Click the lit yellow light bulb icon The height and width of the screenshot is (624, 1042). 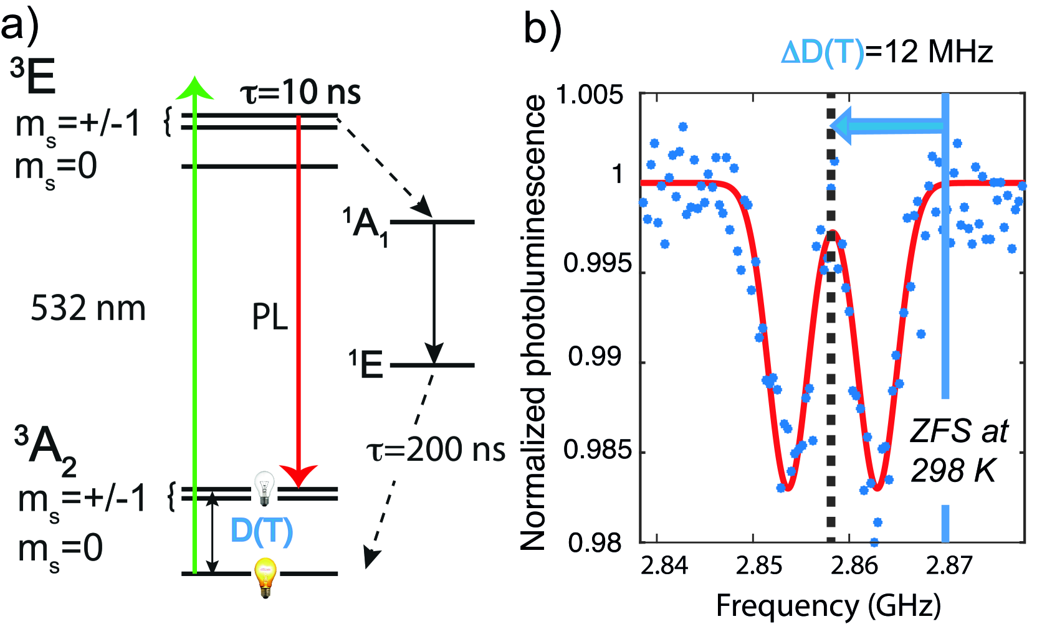(265, 577)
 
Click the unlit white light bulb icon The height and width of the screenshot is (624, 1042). (264, 488)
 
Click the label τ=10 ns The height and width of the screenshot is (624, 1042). (300, 93)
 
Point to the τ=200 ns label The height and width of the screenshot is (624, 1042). (435, 450)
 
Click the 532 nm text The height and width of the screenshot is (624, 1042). (88, 308)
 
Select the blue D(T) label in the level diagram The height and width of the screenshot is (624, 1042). (261, 531)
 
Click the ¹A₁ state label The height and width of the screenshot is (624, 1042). (366, 225)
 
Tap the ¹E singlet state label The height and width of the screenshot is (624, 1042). (366, 364)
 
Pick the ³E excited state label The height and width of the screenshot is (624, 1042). (33, 77)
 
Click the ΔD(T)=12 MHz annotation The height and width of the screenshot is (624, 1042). (886, 52)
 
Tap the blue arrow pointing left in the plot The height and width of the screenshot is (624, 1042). (885, 126)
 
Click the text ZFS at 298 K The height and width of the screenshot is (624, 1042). (958, 450)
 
